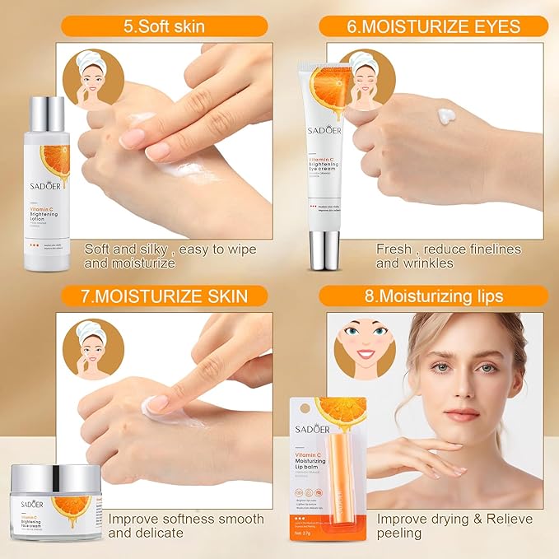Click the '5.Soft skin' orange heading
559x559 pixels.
point(164,26)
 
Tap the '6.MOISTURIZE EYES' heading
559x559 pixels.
point(433,26)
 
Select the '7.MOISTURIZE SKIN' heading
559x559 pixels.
point(164,295)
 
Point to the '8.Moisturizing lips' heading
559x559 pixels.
point(433,295)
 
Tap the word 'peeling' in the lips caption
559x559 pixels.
point(400,533)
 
